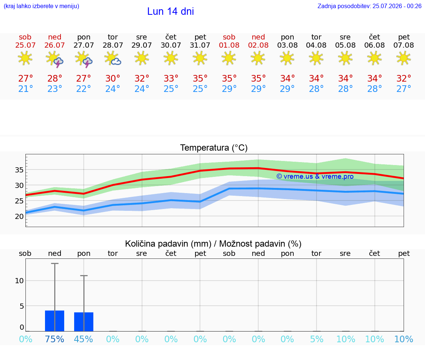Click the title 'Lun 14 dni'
click(x=170, y=11)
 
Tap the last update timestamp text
click(x=369, y=6)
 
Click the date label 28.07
click(x=113, y=45)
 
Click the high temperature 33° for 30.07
click(x=171, y=78)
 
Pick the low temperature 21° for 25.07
click(x=25, y=89)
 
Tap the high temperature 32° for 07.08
click(x=404, y=78)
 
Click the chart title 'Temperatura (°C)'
click(x=214, y=148)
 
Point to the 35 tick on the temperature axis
click(x=19, y=170)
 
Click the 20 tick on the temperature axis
click(x=19, y=216)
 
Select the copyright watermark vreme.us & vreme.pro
click(x=315, y=176)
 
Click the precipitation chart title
click(x=213, y=244)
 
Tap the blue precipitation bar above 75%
click(x=55, y=321)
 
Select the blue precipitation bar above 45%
click(x=84, y=322)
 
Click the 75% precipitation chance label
click(x=55, y=339)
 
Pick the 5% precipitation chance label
click(x=317, y=339)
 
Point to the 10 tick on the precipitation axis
click(x=19, y=281)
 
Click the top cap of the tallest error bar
click(x=55, y=263)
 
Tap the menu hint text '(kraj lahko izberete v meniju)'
click(x=41, y=6)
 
